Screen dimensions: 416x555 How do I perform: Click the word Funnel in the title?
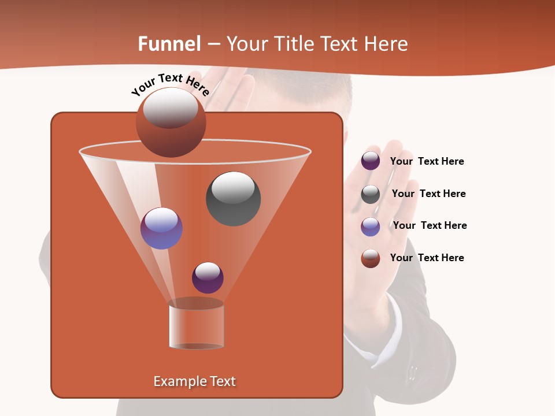coord(169,44)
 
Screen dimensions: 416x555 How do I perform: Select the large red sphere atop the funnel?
coord(171,122)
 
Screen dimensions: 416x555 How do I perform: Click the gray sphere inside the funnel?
coord(233,199)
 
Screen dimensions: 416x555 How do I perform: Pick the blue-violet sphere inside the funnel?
coord(161,228)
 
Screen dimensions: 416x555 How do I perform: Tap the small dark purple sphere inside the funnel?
coord(208,277)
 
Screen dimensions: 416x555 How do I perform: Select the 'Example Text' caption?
coord(195,381)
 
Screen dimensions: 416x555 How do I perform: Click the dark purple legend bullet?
coord(371,161)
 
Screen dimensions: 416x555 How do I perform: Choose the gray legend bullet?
coord(371,194)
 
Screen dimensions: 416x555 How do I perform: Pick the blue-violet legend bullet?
coord(371,226)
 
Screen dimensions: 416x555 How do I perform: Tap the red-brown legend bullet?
coord(371,258)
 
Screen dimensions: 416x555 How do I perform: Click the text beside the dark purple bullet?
coord(427,162)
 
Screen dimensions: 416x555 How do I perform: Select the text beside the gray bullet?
coord(428,194)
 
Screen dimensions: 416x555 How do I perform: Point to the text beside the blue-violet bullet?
coord(430,225)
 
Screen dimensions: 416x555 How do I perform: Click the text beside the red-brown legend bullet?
coord(427,258)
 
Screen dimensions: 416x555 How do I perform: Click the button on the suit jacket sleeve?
coord(412,370)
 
